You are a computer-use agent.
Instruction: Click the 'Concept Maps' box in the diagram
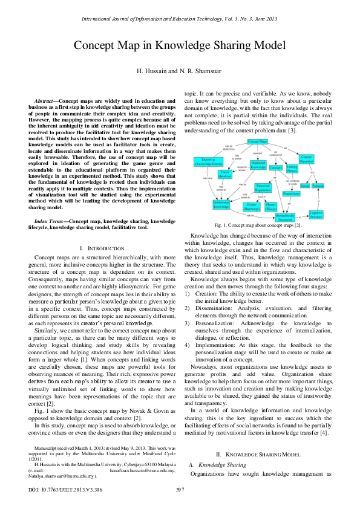(259, 141)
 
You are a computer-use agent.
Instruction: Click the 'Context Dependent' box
(323, 160)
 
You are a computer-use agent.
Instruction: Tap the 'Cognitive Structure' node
(316, 214)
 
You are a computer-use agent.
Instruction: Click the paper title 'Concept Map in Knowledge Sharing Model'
(180, 46)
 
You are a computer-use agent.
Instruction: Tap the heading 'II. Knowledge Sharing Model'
(258, 453)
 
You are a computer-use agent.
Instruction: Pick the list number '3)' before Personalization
(188, 324)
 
